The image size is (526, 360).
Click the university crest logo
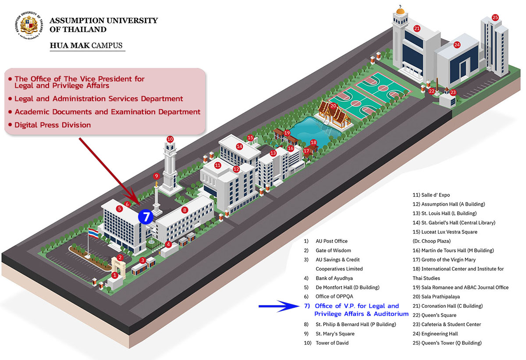tap(29, 25)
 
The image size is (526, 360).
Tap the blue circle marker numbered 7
tap(146, 217)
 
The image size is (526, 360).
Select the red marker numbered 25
tap(495, 18)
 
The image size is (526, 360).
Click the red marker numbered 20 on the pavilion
tap(333, 106)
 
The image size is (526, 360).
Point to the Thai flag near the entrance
tap(93, 233)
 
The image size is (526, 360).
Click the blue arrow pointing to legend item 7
tap(279, 306)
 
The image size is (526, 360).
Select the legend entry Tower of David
tap(326, 343)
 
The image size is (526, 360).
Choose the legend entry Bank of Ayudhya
tap(328, 278)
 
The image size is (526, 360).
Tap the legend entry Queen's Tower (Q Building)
tap(447, 343)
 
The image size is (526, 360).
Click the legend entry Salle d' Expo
tap(431, 195)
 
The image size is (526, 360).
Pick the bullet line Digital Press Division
tap(50, 125)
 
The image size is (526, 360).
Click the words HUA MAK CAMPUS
tap(86, 45)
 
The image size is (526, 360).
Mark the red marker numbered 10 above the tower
tap(170, 139)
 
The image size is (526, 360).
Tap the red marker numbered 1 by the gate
tap(114, 275)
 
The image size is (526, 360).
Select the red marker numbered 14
tap(239, 146)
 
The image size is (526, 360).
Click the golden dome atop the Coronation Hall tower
tap(400, 11)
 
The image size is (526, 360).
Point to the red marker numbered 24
tap(457, 45)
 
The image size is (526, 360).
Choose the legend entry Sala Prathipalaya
tap(436, 296)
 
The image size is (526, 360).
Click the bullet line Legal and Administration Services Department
tap(96, 99)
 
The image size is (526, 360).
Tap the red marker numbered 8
tap(185, 210)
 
